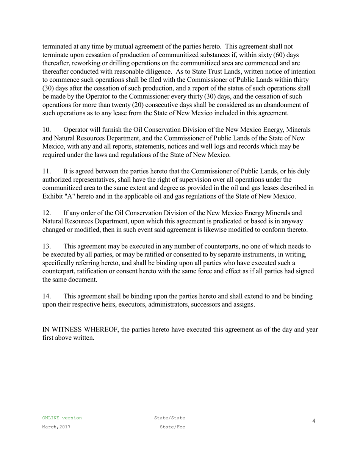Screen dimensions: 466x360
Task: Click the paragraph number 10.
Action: pos(46,130)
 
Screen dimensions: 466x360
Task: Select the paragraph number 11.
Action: pos(46,171)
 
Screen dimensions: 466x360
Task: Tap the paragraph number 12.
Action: pos(46,213)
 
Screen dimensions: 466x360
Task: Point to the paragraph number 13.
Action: pos(46,246)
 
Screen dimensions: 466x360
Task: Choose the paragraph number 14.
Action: pos(46,296)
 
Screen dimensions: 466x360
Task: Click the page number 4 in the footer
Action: pos(314,421)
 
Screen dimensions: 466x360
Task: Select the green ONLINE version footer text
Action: pos(62,418)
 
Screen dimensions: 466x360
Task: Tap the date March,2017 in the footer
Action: pos(56,427)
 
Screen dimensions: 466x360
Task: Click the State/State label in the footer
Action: pos(169,418)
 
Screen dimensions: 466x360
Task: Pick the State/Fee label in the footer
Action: pos(172,427)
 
